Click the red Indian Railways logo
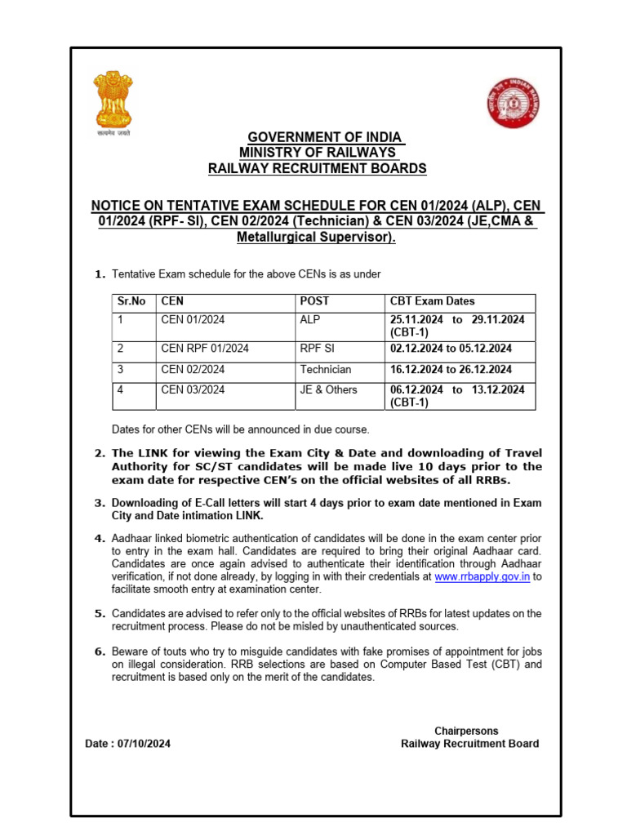[x=513, y=102]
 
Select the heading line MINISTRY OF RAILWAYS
[x=317, y=153]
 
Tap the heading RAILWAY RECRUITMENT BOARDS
[x=317, y=169]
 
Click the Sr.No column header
[x=131, y=301]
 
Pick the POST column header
[x=314, y=301]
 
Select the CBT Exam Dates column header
[x=432, y=301]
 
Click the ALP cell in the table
[x=309, y=320]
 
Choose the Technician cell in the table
[x=325, y=370]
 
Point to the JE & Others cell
[x=328, y=390]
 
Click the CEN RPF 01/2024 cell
[x=205, y=349]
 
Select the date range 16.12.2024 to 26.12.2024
[x=451, y=370]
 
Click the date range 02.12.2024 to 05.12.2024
[x=451, y=349]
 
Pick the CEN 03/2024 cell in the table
[x=193, y=390]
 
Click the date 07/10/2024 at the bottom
[x=144, y=744]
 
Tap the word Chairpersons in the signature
[x=466, y=731]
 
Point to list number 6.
[x=100, y=651]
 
